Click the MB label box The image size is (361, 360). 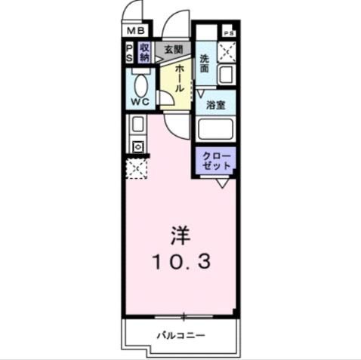pyautogui.click(x=136, y=31)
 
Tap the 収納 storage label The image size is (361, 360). pyautogui.click(x=144, y=53)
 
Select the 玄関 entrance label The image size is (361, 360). pyautogui.click(x=173, y=50)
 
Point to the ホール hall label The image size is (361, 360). pyautogui.click(x=179, y=78)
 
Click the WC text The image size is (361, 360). pyautogui.click(x=140, y=102)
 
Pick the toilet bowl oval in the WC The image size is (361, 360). pyautogui.click(x=140, y=85)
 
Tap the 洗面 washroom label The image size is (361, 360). pyautogui.click(x=205, y=63)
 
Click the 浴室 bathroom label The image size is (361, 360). pyautogui.click(x=215, y=105)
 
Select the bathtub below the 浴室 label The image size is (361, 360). pyautogui.click(x=215, y=129)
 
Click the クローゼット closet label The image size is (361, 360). pyautogui.click(x=216, y=161)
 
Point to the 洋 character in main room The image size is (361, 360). pyautogui.click(x=180, y=235)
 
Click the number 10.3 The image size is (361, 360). pyautogui.click(x=180, y=262)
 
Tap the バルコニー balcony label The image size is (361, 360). pyautogui.click(x=180, y=335)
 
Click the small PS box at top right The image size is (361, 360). pyautogui.click(x=229, y=31)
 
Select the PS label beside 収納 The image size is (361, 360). pyautogui.click(x=129, y=53)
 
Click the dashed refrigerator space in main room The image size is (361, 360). pyautogui.click(x=137, y=168)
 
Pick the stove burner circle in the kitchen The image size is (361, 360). pyautogui.click(x=138, y=146)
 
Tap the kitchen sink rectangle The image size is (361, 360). pyautogui.click(x=137, y=125)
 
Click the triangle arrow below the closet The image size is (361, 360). pyautogui.click(x=222, y=183)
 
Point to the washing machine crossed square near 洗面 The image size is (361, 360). pyautogui.click(x=227, y=52)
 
